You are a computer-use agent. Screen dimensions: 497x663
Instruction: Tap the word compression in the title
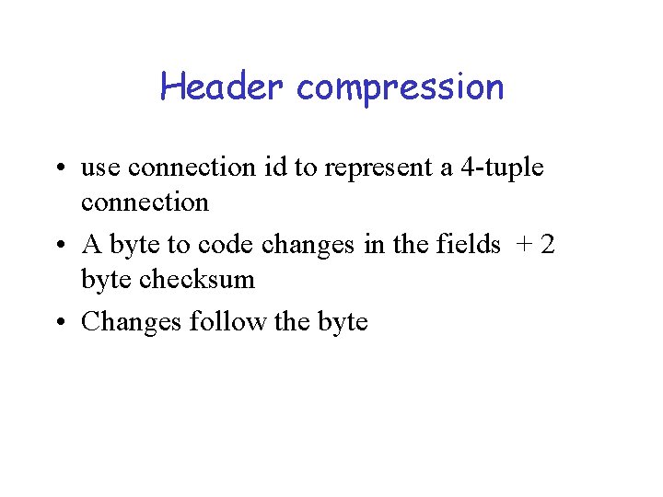click(401, 88)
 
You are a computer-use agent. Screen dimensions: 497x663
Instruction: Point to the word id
click(273, 168)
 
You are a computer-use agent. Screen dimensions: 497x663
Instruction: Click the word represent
click(367, 169)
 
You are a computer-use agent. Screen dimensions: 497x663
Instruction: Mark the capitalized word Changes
click(132, 322)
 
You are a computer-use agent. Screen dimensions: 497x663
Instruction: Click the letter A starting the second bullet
click(91, 244)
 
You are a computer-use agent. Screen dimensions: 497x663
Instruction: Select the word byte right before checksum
click(106, 279)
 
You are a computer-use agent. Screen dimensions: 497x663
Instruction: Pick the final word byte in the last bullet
click(341, 323)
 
